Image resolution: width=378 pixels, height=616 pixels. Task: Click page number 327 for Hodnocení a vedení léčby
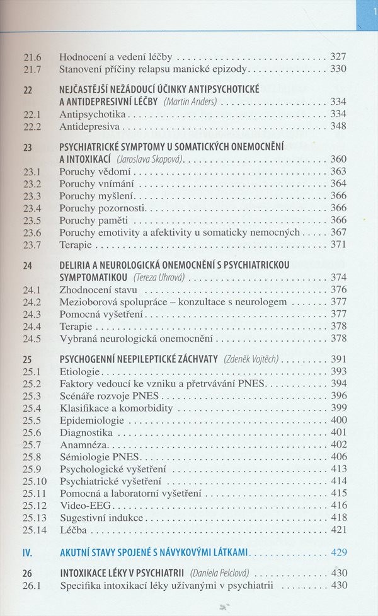(x=338, y=56)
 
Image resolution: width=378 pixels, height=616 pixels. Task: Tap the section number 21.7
(x=31, y=69)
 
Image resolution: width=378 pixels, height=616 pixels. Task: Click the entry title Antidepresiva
(x=89, y=127)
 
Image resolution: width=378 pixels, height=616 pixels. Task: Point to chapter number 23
(x=27, y=147)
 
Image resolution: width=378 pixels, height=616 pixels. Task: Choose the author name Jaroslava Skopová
(x=150, y=160)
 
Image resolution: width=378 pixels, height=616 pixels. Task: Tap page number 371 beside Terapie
(x=338, y=245)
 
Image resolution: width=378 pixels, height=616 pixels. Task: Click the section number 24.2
(x=31, y=302)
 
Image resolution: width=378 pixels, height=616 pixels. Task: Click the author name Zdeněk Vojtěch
(x=251, y=359)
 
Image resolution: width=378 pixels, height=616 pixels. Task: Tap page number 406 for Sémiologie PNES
(x=338, y=456)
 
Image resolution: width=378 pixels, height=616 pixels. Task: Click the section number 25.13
(x=34, y=518)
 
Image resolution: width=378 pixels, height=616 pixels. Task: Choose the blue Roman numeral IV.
(x=27, y=553)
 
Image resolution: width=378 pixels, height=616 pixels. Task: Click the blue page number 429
(x=338, y=553)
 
